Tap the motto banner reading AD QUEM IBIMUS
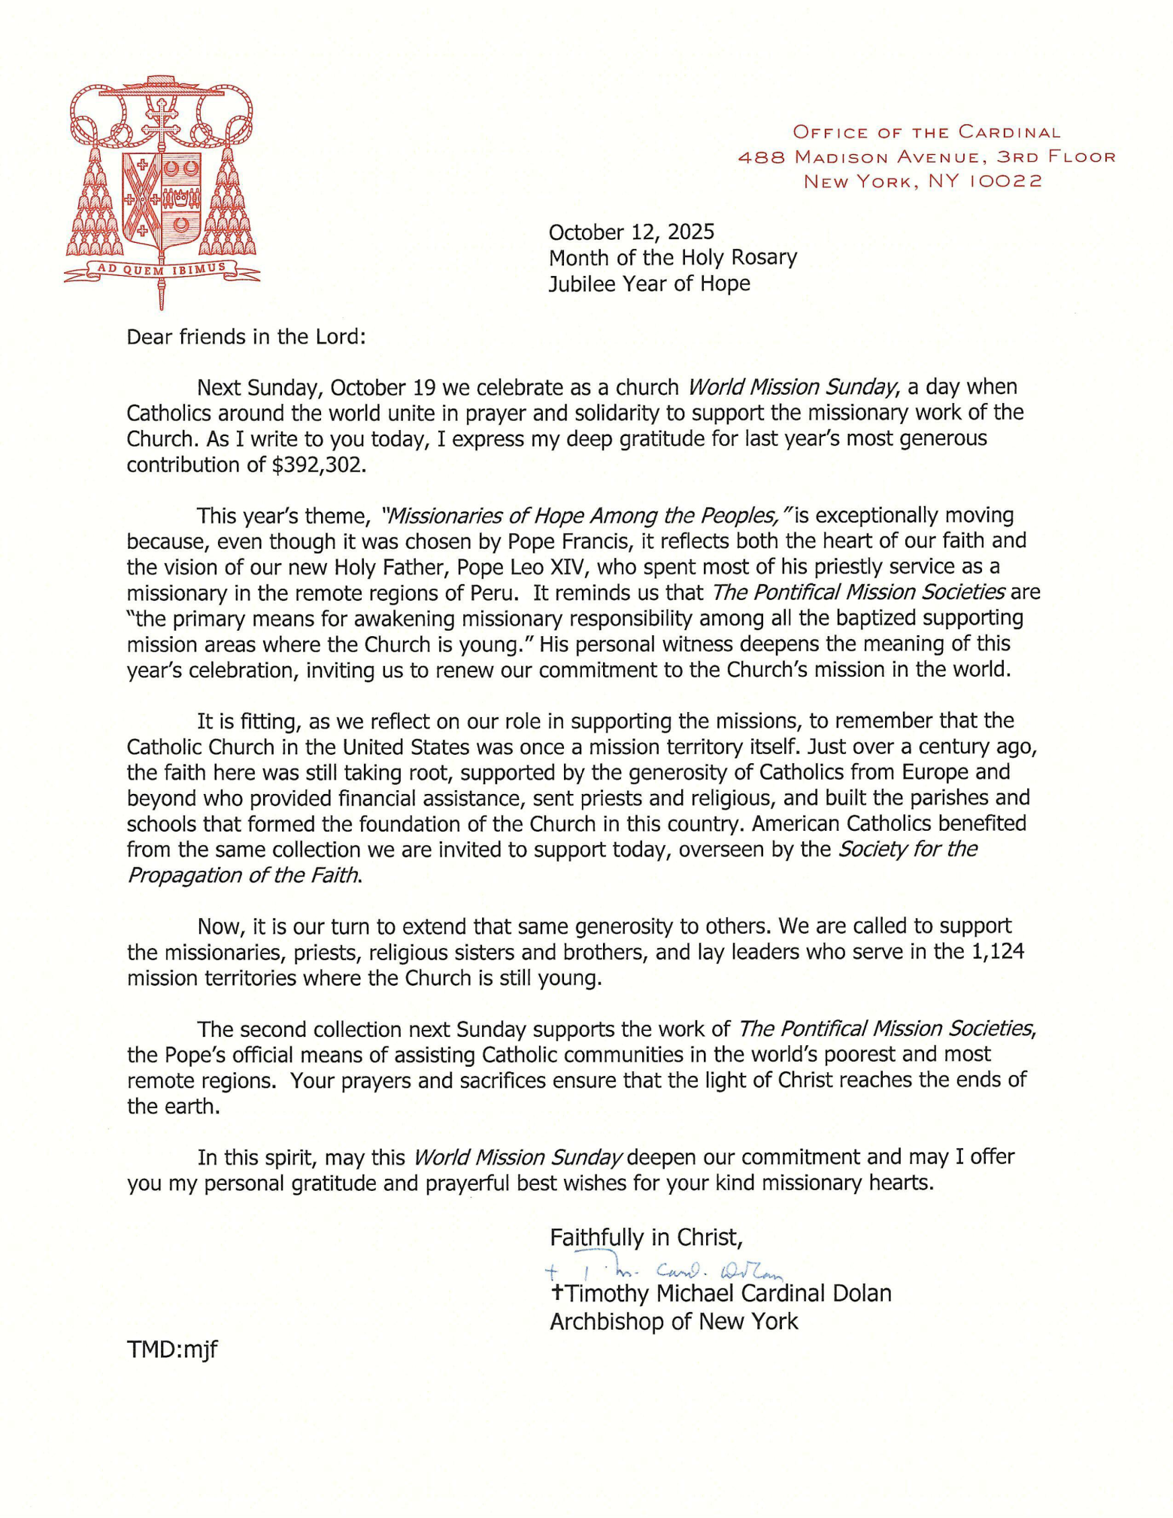point(162,270)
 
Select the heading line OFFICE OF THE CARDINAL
point(926,133)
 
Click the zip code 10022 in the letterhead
point(1005,182)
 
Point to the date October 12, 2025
point(631,232)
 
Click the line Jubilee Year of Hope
point(649,283)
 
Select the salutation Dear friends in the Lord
point(246,336)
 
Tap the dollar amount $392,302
point(319,465)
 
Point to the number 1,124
point(998,951)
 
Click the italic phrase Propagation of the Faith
point(243,875)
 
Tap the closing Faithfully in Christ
point(646,1237)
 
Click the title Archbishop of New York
point(674,1321)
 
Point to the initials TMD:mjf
point(172,1350)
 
